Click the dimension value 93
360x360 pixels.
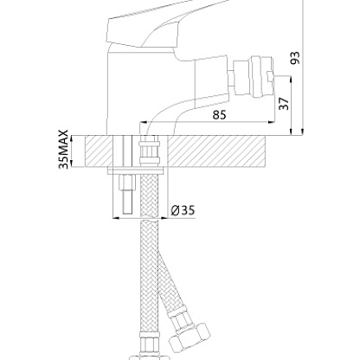pyautogui.click(x=295, y=58)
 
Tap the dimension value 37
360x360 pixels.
pyautogui.click(x=284, y=104)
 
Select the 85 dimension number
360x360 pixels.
pyautogui.click(x=220, y=114)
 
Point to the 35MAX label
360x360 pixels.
pyautogui.click(x=63, y=149)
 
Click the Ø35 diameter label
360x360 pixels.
pyautogui.click(x=183, y=210)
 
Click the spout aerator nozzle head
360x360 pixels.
pyautogui.click(x=254, y=77)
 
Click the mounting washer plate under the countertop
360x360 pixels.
pyautogui.click(x=136, y=170)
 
